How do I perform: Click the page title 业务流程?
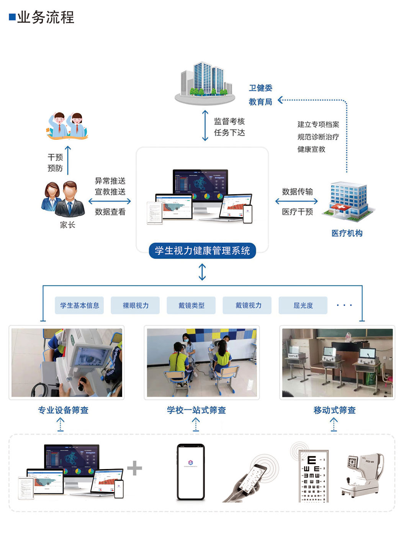(45, 17)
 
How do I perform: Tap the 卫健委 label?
(260, 88)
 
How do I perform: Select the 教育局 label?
(260, 102)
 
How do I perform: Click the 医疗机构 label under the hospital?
(347, 233)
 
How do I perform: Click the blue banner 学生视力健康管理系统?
(202, 251)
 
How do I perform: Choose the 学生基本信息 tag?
(79, 305)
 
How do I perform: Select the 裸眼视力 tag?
(135, 305)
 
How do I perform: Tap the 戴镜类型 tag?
(191, 305)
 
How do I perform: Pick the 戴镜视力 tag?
(247, 305)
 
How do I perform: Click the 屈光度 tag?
(303, 305)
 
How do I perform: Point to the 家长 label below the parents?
(67, 225)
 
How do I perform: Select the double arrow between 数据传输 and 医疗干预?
(296, 201)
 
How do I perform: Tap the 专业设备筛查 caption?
(63, 410)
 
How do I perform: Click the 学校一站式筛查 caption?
(196, 410)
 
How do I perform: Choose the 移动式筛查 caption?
(334, 410)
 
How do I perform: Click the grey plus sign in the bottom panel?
(134, 468)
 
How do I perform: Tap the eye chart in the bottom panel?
(314, 477)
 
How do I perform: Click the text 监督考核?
(229, 121)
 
